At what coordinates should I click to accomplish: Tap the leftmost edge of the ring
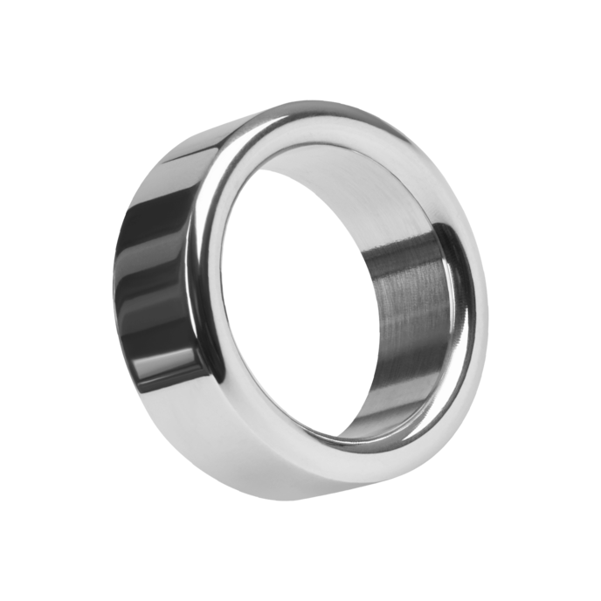tap(112, 288)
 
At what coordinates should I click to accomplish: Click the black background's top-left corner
tap(4, 4)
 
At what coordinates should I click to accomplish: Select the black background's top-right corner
tap(596, 4)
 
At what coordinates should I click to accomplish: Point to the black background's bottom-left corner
tap(4, 596)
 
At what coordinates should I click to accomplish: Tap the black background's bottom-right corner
tap(596, 596)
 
